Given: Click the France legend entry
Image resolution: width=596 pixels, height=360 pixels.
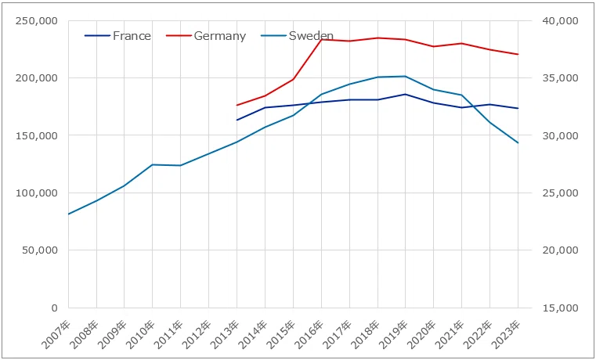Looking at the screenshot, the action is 117,36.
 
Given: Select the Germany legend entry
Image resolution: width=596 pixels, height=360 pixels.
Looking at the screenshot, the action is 207,36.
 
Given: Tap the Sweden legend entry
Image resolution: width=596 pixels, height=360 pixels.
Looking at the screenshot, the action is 298,36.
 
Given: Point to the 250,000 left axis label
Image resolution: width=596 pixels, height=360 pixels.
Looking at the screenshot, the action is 37,20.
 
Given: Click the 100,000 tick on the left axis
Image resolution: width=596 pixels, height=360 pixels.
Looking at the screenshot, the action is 37,193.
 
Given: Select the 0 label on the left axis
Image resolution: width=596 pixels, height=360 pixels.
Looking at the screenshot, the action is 55,308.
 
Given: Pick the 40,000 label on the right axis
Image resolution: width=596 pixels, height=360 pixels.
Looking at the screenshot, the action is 557,20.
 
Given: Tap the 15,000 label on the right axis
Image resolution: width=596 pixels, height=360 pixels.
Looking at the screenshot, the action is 557,308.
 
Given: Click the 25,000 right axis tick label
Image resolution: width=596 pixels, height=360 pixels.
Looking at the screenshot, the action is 557,193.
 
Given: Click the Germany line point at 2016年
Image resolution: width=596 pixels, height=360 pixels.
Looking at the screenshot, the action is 322,39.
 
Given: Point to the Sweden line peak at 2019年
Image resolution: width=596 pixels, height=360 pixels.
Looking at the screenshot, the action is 406,77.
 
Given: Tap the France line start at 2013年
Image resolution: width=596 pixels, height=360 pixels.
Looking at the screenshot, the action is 237,120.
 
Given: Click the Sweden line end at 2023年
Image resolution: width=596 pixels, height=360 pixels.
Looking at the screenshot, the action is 518,142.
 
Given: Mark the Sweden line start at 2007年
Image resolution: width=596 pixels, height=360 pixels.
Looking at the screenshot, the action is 69,214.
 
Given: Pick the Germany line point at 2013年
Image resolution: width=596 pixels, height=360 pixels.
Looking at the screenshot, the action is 237,105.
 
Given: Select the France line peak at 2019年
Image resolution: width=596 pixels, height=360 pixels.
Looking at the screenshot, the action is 406,94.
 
